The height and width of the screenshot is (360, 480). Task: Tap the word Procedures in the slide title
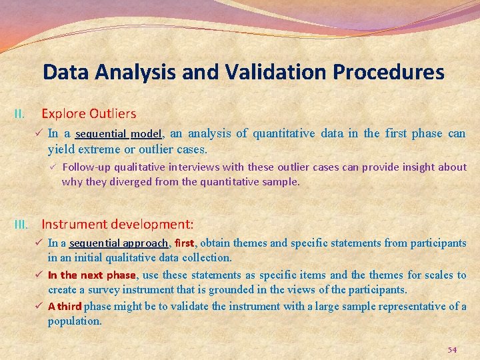click(x=392, y=72)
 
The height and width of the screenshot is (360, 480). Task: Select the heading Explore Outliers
click(x=89, y=114)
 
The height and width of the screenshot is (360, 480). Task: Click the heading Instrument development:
click(x=117, y=225)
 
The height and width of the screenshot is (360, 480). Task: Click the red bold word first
click(x=185, y=243)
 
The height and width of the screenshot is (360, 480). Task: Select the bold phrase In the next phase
click(x=92, y=275)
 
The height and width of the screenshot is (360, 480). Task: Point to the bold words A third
click(x=65, y=307)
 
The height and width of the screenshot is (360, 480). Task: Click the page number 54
click(x=452, y=350)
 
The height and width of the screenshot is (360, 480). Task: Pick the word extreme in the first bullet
click(x=97, y=150)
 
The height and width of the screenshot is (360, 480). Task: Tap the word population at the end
click(x=74, y=321)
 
